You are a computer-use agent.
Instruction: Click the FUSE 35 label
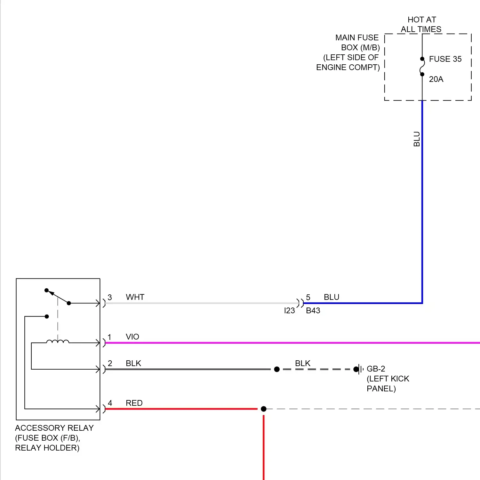445,59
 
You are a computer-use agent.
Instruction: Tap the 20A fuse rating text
436,79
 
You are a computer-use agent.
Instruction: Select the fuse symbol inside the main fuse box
422,67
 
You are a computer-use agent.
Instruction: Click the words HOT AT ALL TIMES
421,25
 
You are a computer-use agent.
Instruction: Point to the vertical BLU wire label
417,139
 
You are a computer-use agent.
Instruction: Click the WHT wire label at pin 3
135,297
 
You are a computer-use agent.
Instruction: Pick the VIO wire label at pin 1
132,337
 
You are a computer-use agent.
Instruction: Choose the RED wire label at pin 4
134,403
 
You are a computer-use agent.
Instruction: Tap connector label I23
289,311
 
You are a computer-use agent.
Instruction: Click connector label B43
313,311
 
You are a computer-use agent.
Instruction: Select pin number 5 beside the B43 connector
308,298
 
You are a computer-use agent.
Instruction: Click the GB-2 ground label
376,369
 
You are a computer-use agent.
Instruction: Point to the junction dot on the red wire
264,409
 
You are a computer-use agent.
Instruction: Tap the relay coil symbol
58,342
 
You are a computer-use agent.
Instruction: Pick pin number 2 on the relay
110,364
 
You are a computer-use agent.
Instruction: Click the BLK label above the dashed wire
303,364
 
